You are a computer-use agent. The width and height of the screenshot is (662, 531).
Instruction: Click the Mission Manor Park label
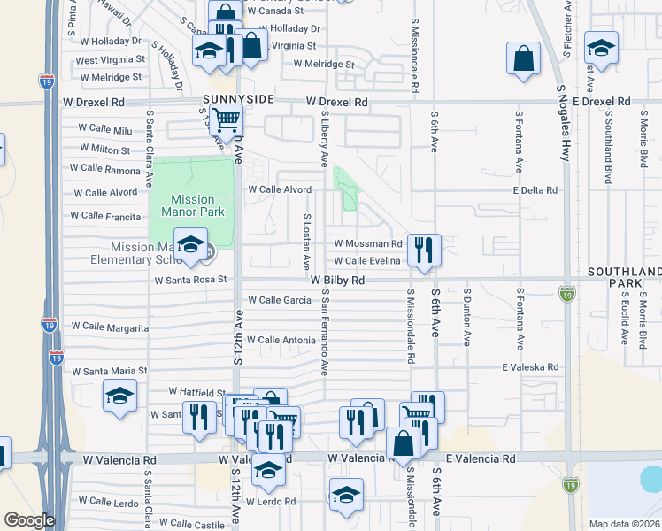click(192, 205)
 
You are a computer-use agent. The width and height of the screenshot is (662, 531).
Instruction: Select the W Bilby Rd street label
click(338, 280)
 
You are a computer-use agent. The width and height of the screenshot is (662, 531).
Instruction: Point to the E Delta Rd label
click(535, 190)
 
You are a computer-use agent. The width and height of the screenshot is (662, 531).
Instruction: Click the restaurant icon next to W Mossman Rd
click(426, 250)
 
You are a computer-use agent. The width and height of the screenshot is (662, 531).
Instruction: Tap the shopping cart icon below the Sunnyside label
click(227, 119)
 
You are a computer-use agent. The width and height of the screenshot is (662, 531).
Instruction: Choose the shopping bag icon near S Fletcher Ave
click(523, 58)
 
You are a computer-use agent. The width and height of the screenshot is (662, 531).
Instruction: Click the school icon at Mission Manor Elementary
click(190, 245)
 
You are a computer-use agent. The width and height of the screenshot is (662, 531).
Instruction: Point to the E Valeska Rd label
click(530, 366)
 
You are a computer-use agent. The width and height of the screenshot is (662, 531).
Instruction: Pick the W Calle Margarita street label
click(110, 327)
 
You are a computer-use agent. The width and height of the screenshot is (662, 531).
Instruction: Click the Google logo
click(28, 520)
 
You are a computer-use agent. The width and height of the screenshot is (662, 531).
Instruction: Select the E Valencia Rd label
click(481, 459)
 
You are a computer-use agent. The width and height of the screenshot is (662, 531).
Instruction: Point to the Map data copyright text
click(623, 524)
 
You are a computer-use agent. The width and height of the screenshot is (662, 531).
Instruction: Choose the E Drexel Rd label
click(600, 102)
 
